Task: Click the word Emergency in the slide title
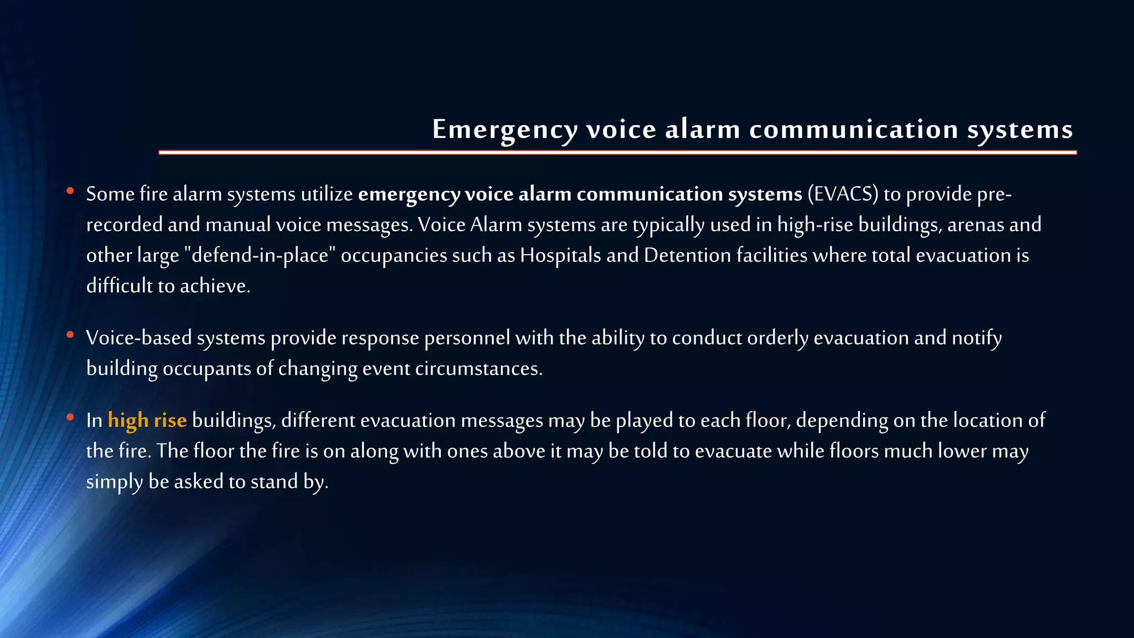(505, 130)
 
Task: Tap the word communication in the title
(853, 129)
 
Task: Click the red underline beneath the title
(617, 152)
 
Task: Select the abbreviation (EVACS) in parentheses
(843, 194)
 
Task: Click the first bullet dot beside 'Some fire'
(70, 191)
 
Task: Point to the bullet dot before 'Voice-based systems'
(70, 335)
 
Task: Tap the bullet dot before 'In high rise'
(70, 417)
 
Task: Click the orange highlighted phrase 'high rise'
(147, 420)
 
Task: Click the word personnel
(467, 338)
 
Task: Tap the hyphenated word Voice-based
(139, 338)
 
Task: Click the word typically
(668, 225)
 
